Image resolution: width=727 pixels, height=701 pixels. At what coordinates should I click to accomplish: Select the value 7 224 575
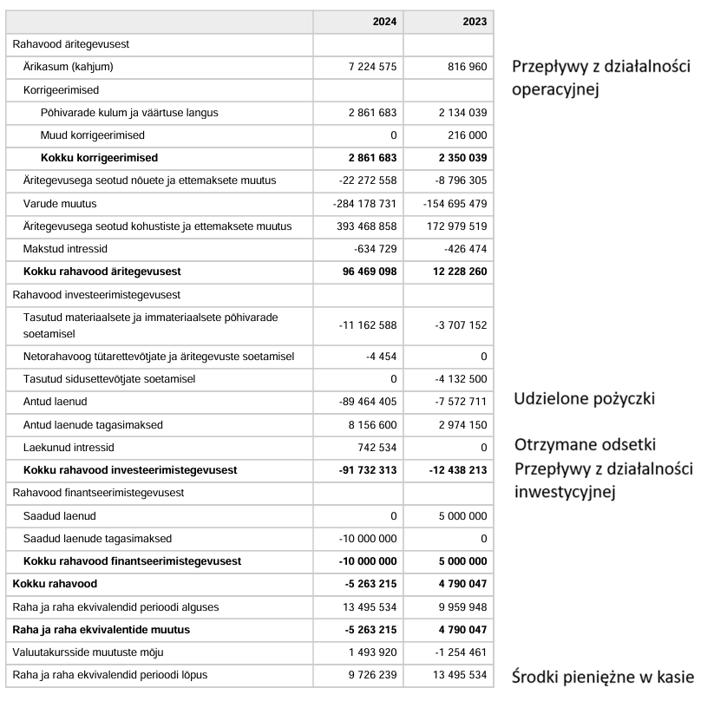pyautogui.click(x=367, y=67)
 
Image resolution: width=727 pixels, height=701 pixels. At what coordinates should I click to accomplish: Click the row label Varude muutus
pyautogui.click(x=60, y=203)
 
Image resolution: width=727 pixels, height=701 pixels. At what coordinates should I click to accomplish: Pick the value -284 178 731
pyautogui.click(x=364, y=203)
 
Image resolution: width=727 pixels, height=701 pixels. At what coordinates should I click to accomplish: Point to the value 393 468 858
pyautogui.click(x=364, y=226)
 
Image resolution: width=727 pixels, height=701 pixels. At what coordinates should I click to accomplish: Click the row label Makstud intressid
pyautogui.click(x=71, y=249)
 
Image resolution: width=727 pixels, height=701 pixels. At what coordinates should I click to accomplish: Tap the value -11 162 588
pyautogui.click(x=368, y=324)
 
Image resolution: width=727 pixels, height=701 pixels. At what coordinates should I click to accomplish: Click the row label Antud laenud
pyautogui.click(x=56, y=402)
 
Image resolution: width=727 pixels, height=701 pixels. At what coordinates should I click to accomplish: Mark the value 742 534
pyautogui.click(x=374, y=447)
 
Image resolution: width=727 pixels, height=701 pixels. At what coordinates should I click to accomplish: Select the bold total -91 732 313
pyautogui.click(x=367, y=469)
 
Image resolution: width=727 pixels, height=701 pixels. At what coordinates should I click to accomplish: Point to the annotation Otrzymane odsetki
pyautogui.click(x=584, y=444)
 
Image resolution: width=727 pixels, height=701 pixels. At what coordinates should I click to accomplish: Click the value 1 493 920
pyautogui.click(x=371, y=652)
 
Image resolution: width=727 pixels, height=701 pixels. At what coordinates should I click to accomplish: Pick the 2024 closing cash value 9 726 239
pyautogui.click(x=371, y=674)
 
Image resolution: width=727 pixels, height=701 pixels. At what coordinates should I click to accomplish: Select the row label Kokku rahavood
pyautogui.click(x=54, y=583)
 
